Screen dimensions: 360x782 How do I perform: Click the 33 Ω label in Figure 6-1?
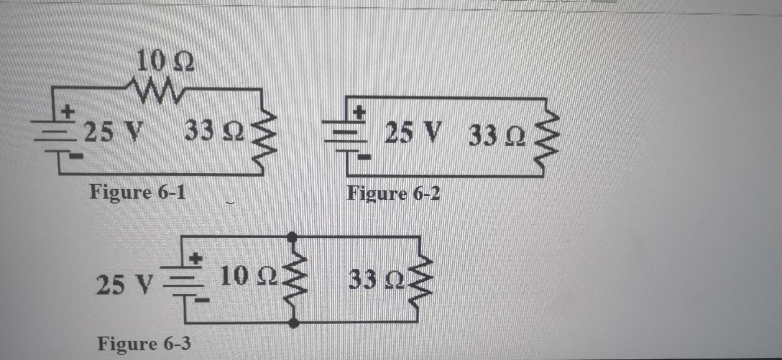[x=214, y=132]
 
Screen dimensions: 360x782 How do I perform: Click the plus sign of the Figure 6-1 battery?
[x=68, y=110]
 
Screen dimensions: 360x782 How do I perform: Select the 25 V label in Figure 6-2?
[x=412, y=133]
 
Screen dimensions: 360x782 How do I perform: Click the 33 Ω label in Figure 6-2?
[x=496, y=136]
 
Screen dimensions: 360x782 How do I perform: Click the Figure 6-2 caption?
[x=393, y=194]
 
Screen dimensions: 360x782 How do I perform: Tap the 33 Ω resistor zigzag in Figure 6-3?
[x=420, y=279]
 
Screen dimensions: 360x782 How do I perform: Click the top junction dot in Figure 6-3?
[x=292, y=236]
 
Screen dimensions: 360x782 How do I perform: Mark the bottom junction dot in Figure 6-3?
[x=293, y=323]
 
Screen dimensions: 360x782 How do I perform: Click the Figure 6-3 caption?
[x=143, y=344]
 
